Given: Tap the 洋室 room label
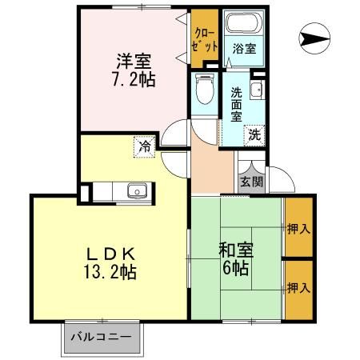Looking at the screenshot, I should [x=134, y=60].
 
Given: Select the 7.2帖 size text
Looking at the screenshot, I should [x=134, y=79].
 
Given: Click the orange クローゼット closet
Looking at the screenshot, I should [x=202, y=38].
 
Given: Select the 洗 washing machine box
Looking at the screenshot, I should [x=254, y=134].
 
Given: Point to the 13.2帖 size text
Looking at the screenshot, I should [x=111, y=273].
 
